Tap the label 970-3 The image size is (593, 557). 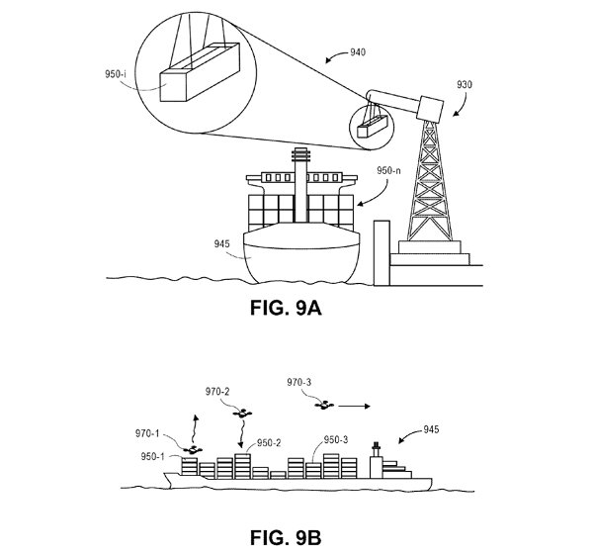click(298, 381)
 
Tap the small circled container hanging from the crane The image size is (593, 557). click(370, 127)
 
